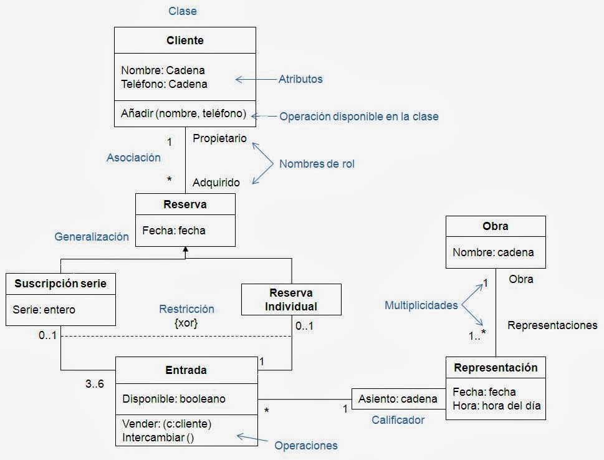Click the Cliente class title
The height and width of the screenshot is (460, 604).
[185, 41]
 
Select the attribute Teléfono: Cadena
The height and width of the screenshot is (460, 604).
[164, 84]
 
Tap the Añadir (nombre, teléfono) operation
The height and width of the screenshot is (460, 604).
[184, 114]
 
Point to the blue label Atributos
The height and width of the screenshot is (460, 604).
[300, 79]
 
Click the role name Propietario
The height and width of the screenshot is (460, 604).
[219, 138]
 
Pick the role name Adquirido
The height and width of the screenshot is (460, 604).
[216, 183]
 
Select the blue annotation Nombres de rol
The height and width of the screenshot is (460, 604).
[317, 164]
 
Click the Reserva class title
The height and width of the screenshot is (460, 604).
[185, 204]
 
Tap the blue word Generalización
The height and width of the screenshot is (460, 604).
[92, 237]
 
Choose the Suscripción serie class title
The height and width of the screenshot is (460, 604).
[60, 284]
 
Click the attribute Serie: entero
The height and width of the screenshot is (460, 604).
[44, 309]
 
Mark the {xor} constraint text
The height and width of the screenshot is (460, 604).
[186, 323]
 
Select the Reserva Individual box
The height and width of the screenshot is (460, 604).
[291, 300]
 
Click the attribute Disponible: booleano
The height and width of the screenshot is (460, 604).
[174, 398]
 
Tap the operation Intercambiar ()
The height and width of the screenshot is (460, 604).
[158, 437]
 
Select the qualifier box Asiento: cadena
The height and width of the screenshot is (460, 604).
[398, 399]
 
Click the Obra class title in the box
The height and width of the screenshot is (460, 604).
[496, 226]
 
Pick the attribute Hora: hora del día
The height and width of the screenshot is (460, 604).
[496, 406]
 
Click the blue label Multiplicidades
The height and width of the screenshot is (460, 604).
[421, 305]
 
